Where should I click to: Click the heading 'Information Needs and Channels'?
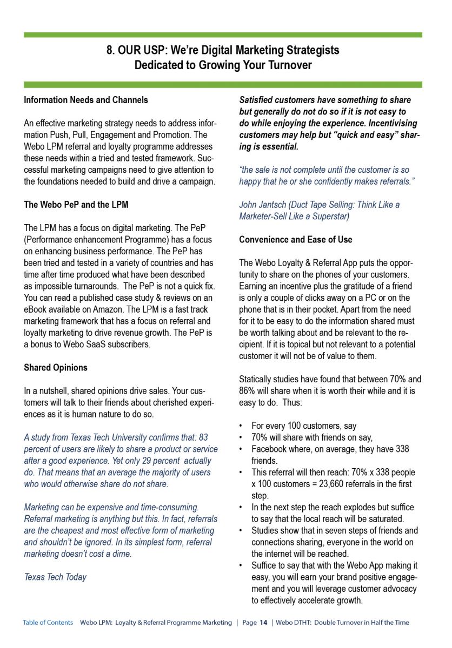(x=85, y=100)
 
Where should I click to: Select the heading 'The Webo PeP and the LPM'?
(x=76, y=205)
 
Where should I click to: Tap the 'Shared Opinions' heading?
(x=55, y=367)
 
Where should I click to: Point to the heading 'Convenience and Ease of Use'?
(x=295, y=239)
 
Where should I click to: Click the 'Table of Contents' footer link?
(x=48, y=623)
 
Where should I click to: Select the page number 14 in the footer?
(x=263, y=623)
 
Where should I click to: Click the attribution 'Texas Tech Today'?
(x=55, y=577)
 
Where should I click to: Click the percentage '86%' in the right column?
(x=248, y=390)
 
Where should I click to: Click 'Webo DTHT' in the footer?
(x=294, y=623)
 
